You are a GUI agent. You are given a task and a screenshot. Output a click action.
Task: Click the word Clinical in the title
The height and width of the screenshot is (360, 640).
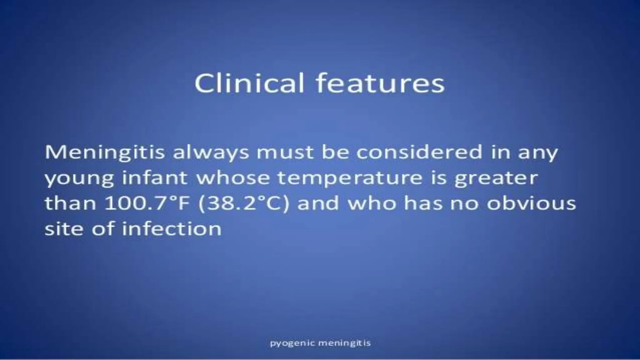[x=249, y=83]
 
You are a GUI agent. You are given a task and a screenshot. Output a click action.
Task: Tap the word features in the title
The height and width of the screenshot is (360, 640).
[x=380, y=83]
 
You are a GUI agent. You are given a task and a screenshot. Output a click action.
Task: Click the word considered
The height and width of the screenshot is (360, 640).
[x=419, y=152]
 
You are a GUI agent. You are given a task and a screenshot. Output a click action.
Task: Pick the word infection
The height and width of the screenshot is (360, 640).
[x=172, y=229]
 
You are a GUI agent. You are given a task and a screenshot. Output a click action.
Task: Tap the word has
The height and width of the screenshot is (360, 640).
[x=424, y=203]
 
